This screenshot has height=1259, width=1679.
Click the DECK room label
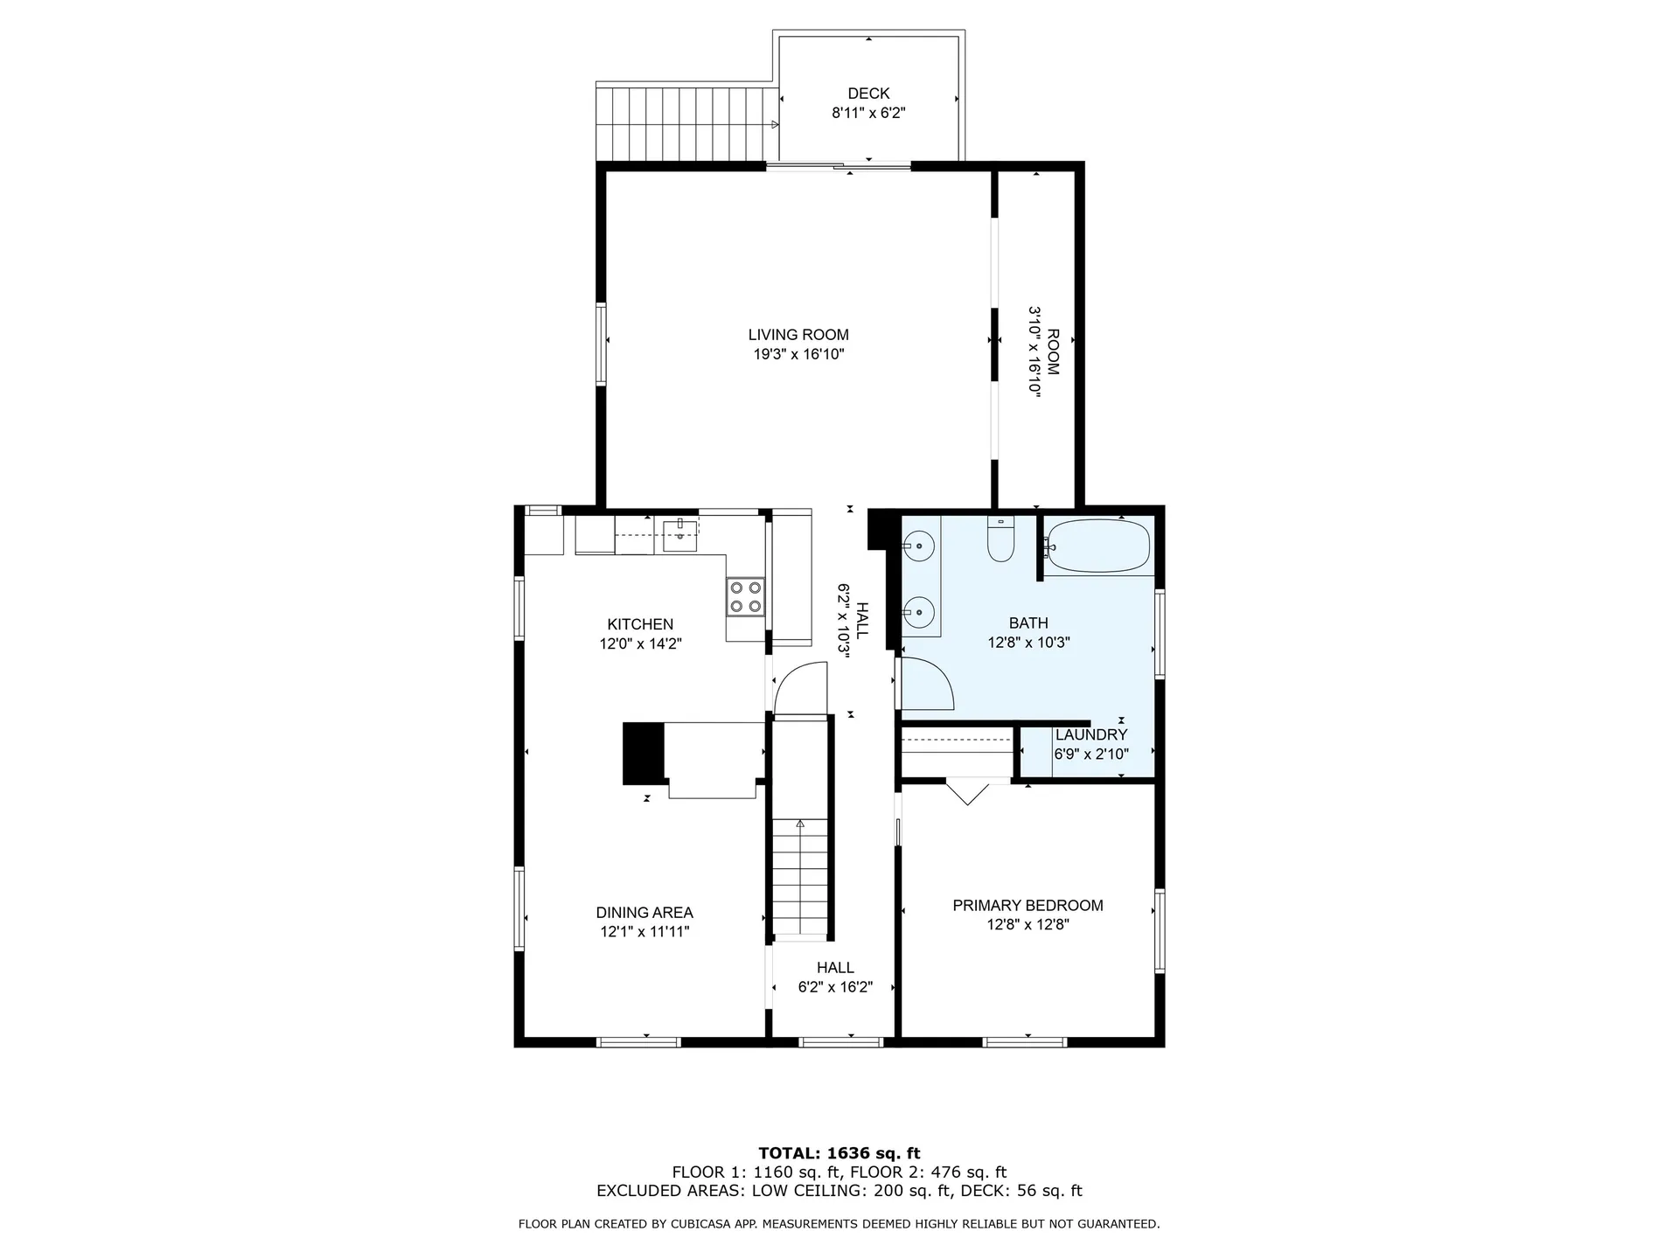868,94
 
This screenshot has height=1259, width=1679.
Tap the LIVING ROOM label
798,335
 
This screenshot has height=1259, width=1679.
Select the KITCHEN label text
640,624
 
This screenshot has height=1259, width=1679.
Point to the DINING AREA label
644,913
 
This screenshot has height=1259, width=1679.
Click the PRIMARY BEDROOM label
1028,906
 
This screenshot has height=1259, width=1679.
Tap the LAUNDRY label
1091,735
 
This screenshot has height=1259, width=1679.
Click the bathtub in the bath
1097,546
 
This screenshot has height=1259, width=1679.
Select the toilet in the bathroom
1000,539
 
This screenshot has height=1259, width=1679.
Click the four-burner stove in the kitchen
746,597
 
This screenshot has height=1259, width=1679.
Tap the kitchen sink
679,535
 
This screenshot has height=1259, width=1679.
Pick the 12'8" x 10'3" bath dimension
1028,643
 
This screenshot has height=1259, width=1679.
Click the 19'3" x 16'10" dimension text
798,354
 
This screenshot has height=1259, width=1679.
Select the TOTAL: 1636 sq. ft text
839,1153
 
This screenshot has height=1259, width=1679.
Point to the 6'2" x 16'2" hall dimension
835,987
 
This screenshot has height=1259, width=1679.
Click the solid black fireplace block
644,753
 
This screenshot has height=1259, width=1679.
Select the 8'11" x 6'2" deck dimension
868,113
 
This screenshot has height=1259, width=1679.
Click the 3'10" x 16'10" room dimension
1035,351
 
